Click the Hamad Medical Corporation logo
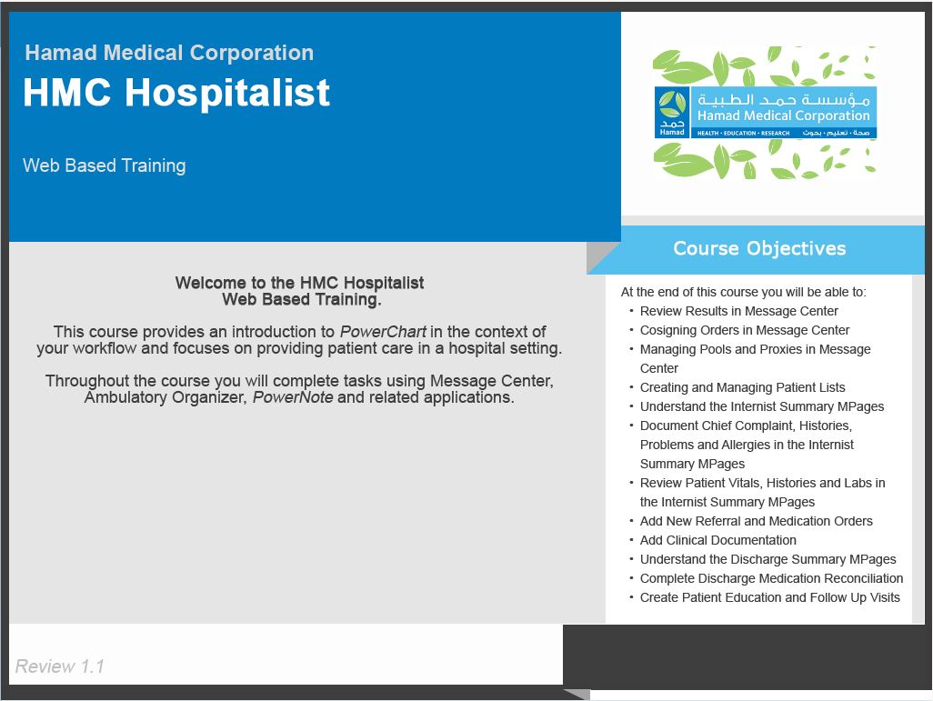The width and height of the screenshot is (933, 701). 765,113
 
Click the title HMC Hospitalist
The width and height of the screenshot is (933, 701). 176,93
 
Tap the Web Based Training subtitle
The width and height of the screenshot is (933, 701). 105,165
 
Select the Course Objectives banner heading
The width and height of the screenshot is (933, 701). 759,248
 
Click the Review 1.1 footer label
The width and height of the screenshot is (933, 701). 60,666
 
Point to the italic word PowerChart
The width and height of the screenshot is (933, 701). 383,332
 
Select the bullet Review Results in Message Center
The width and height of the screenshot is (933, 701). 738,311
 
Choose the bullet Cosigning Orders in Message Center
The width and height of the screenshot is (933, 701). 744,330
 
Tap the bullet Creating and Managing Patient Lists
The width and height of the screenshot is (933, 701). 742,387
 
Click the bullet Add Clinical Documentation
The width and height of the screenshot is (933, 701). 717,540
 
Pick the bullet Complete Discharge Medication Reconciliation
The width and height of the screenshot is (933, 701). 771,578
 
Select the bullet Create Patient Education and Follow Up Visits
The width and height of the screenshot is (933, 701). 769,597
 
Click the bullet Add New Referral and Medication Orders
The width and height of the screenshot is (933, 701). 756,521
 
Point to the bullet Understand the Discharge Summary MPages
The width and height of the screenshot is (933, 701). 767,559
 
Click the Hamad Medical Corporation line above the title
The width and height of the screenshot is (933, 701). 169,53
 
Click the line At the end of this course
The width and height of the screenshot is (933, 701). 743,292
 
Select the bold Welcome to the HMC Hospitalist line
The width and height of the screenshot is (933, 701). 299,283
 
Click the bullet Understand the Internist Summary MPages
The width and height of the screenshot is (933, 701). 761,406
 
